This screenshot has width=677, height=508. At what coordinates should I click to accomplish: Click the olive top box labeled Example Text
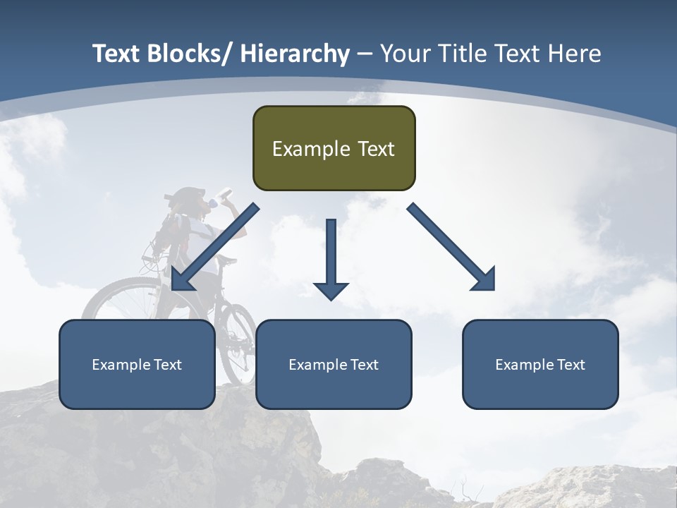(334, 148)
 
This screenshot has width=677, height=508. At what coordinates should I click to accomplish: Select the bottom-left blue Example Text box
(137, 364)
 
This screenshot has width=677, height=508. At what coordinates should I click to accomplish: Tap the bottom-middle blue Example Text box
(334, 364)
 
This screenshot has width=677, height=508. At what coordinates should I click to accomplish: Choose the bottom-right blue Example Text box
(540, 364)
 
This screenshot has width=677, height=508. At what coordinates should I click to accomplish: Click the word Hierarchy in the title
(295, 54)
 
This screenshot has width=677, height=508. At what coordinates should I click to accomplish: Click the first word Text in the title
(117, 54)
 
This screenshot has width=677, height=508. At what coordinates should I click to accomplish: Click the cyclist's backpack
(173, 229)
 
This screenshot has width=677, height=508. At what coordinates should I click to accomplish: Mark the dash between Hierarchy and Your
(365, 54)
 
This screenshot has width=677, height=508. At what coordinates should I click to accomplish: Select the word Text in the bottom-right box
(570, 364)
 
